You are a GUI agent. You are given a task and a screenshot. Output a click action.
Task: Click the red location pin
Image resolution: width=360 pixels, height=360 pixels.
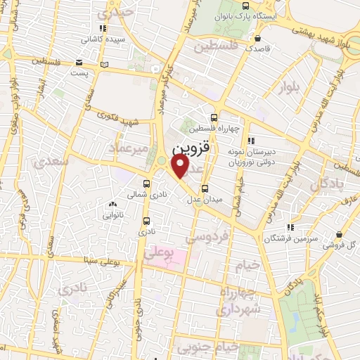click(181, 167)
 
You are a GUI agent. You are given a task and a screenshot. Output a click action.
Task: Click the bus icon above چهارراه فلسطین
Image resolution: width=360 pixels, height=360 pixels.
click(214, 117)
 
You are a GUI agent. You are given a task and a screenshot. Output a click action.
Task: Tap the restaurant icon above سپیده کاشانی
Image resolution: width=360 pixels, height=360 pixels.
click(103, 29)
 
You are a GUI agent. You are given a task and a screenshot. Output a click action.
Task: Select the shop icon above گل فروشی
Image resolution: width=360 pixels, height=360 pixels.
click(340, 234)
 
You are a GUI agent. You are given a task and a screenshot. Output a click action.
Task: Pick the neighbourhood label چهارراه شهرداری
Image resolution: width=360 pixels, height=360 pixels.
click(239, 301)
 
